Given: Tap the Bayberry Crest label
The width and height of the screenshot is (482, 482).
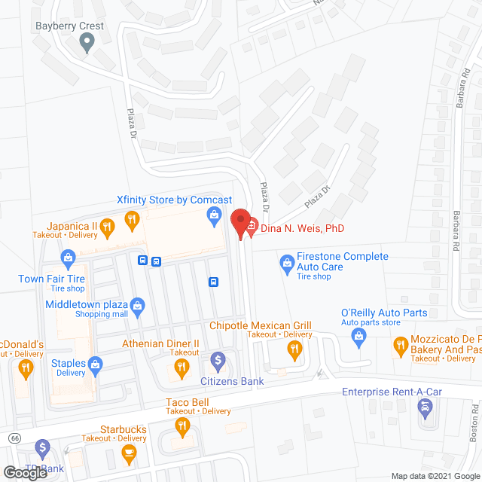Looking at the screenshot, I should click(x=70, y=26).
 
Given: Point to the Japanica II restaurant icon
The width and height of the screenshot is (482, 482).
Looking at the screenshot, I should click(x=108, y=224).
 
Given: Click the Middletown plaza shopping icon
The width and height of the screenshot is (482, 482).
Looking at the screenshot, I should click(x=137, y=305).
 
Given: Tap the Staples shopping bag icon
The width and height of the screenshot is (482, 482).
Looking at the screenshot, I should click(x=96, y=365).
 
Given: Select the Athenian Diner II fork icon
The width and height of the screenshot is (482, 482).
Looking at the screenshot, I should click(x=181, y=368).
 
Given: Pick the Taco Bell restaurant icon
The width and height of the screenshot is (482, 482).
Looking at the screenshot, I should click(x=182, y=427).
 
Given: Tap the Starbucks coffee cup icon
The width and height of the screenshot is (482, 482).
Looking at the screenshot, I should click(x=128, y=452).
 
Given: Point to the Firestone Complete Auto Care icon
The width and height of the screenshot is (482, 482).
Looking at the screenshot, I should click(x=286, y=262).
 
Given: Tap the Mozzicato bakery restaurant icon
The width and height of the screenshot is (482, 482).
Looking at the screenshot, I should click(x=399, y=346).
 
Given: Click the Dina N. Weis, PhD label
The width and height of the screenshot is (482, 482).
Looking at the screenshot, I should click(x=304, y=228).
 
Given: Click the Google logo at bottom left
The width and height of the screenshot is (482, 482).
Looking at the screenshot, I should click(x=26, y=473).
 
